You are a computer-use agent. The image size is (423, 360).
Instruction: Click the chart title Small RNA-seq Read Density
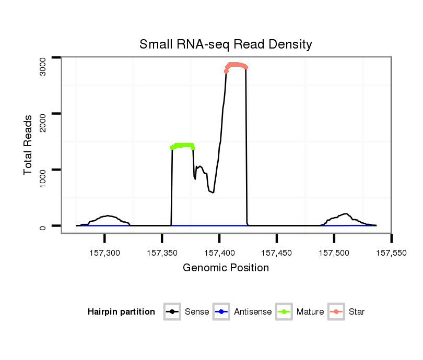226,44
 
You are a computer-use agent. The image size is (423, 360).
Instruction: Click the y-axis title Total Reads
29,145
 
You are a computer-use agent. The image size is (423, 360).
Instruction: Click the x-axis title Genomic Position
226,268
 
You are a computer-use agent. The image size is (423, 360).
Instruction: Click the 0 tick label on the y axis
43,226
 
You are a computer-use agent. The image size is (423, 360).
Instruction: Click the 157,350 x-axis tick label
162,253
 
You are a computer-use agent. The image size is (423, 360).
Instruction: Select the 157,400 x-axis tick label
219,253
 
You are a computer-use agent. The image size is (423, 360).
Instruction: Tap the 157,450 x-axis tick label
277,253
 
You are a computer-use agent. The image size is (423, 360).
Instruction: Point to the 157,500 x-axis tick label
334,253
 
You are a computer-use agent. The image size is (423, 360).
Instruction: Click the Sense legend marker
172,312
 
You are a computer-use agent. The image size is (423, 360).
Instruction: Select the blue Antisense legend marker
221,312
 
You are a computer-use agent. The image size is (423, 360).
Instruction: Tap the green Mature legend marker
284,312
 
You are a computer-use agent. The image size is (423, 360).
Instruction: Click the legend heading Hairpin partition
121,312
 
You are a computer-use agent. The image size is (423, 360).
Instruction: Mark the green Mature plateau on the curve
183,145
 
